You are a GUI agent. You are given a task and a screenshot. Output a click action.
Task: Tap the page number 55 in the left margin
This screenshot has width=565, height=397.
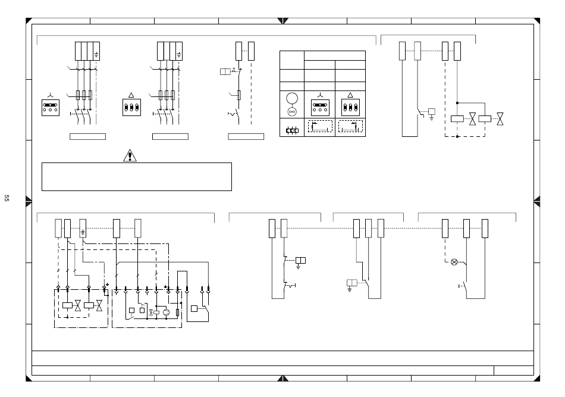[7, 198]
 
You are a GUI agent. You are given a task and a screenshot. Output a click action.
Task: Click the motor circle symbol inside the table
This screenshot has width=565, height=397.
[292, 98]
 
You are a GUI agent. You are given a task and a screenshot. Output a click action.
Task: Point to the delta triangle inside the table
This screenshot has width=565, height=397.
[350, 95]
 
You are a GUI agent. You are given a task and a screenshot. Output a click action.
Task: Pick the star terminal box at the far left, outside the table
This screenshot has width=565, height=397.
[52, 107]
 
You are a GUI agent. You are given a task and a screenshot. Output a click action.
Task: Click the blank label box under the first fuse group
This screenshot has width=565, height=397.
[87, 136]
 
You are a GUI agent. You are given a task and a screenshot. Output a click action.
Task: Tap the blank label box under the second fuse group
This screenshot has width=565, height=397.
[170, 136]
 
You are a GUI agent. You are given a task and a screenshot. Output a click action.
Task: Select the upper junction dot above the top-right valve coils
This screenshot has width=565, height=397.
[457, 102]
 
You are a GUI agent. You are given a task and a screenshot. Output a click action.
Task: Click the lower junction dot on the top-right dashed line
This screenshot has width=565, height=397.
[457, 136]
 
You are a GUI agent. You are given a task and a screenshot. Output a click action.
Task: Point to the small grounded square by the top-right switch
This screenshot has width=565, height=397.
[431, 111]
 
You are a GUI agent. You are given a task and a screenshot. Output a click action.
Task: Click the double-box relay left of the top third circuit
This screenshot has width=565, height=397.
[225, 72]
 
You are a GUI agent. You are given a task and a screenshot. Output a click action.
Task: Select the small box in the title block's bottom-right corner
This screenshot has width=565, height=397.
[513, 370]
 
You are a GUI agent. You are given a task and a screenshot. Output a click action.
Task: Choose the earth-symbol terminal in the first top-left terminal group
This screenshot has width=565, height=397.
[96, 52]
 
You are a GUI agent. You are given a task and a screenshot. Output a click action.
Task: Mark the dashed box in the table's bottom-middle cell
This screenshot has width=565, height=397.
[320, 126]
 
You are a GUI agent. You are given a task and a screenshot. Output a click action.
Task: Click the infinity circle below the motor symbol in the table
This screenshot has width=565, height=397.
[292, 111]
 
